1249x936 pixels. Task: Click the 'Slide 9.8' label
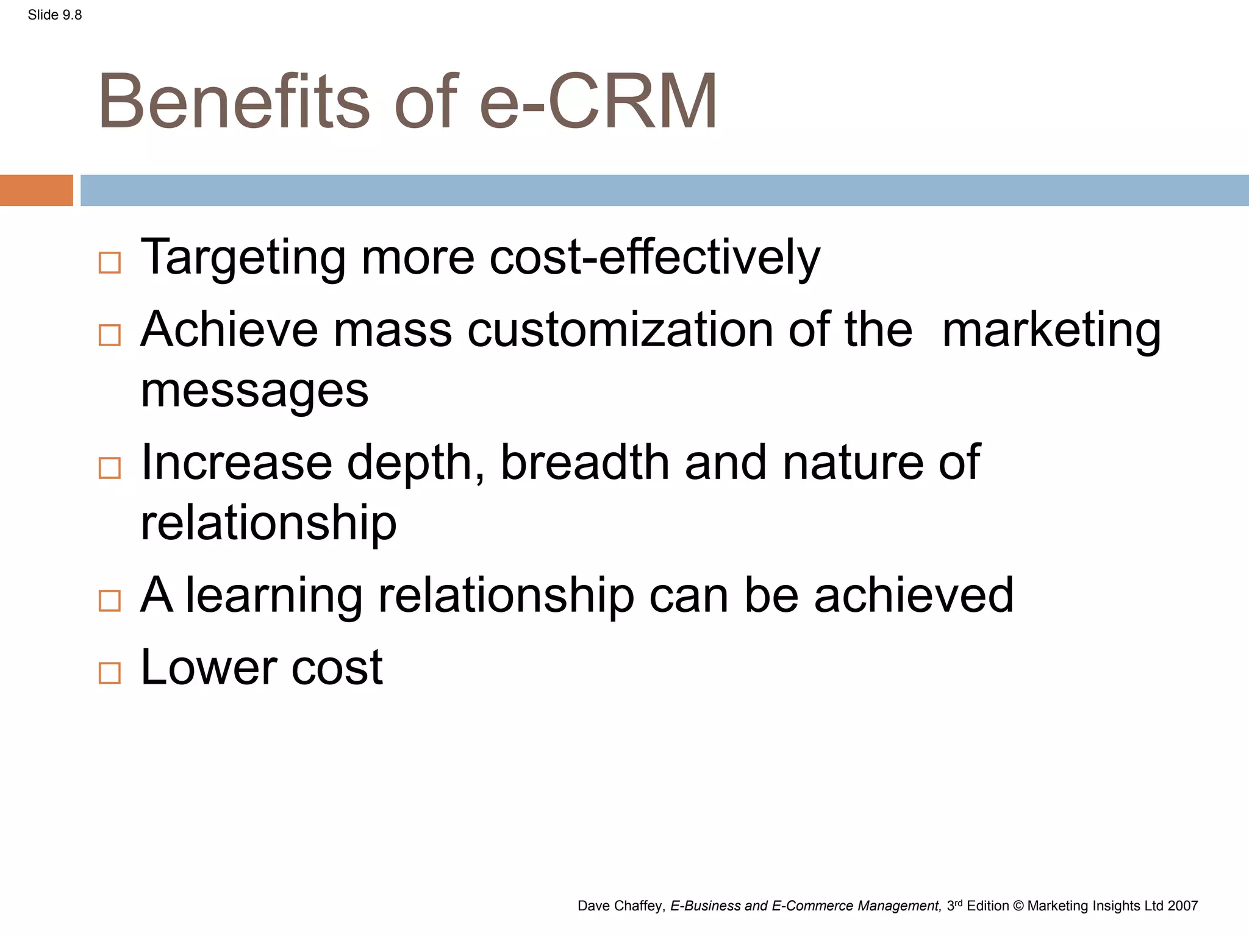55,15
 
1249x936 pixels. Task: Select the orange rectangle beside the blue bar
36,190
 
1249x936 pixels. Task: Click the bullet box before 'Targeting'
110,263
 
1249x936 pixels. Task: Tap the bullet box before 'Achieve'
110,335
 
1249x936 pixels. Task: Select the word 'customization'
620,329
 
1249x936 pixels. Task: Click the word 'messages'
254,391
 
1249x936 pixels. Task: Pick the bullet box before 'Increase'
110,468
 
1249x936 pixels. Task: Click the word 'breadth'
585,462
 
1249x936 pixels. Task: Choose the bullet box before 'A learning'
110,601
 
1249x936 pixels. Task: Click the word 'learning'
274,595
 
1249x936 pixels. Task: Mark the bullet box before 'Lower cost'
110,673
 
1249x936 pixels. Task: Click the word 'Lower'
209,667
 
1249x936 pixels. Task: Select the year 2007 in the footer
1183,906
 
